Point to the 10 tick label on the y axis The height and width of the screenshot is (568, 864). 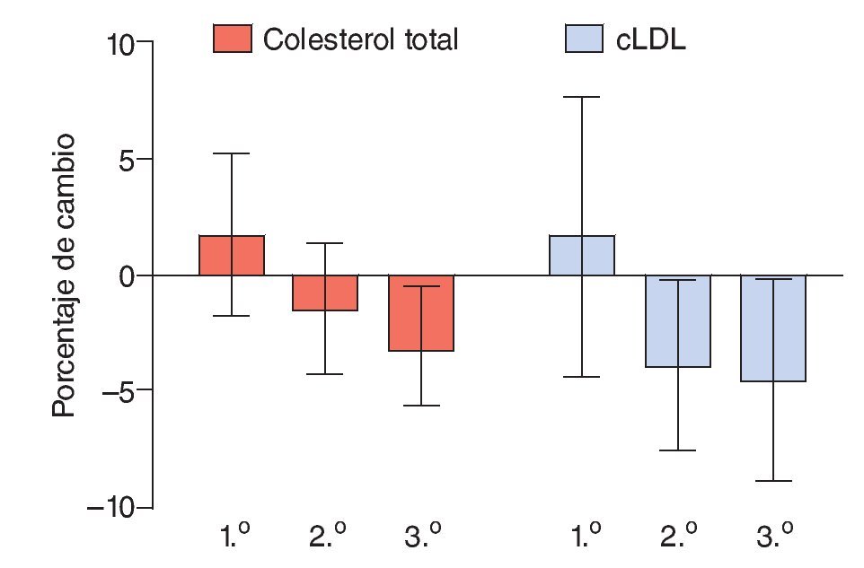click(119, 44)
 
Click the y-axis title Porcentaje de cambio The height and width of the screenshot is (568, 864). click(63, 275)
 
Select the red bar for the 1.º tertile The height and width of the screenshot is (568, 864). click(232, 256)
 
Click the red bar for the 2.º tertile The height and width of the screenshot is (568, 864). click(326, 293)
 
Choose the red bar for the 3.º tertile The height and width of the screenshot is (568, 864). click(421, 312)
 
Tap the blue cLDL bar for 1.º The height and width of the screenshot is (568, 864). click(582, 256)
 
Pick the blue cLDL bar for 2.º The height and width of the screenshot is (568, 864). click(677, 321)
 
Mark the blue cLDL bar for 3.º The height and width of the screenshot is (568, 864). click(772, 328)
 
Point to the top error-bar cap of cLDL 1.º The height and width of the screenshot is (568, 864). click(582, 97)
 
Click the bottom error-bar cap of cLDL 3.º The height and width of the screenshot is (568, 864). click(772, 481)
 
